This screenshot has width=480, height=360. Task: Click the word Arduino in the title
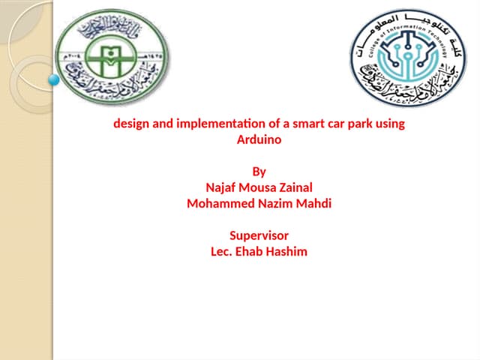(x=259, y=139)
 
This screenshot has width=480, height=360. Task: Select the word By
(x=259, y=172)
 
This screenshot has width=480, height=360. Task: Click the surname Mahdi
(x=314, y=203)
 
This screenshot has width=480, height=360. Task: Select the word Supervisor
(x=259, y=235)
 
